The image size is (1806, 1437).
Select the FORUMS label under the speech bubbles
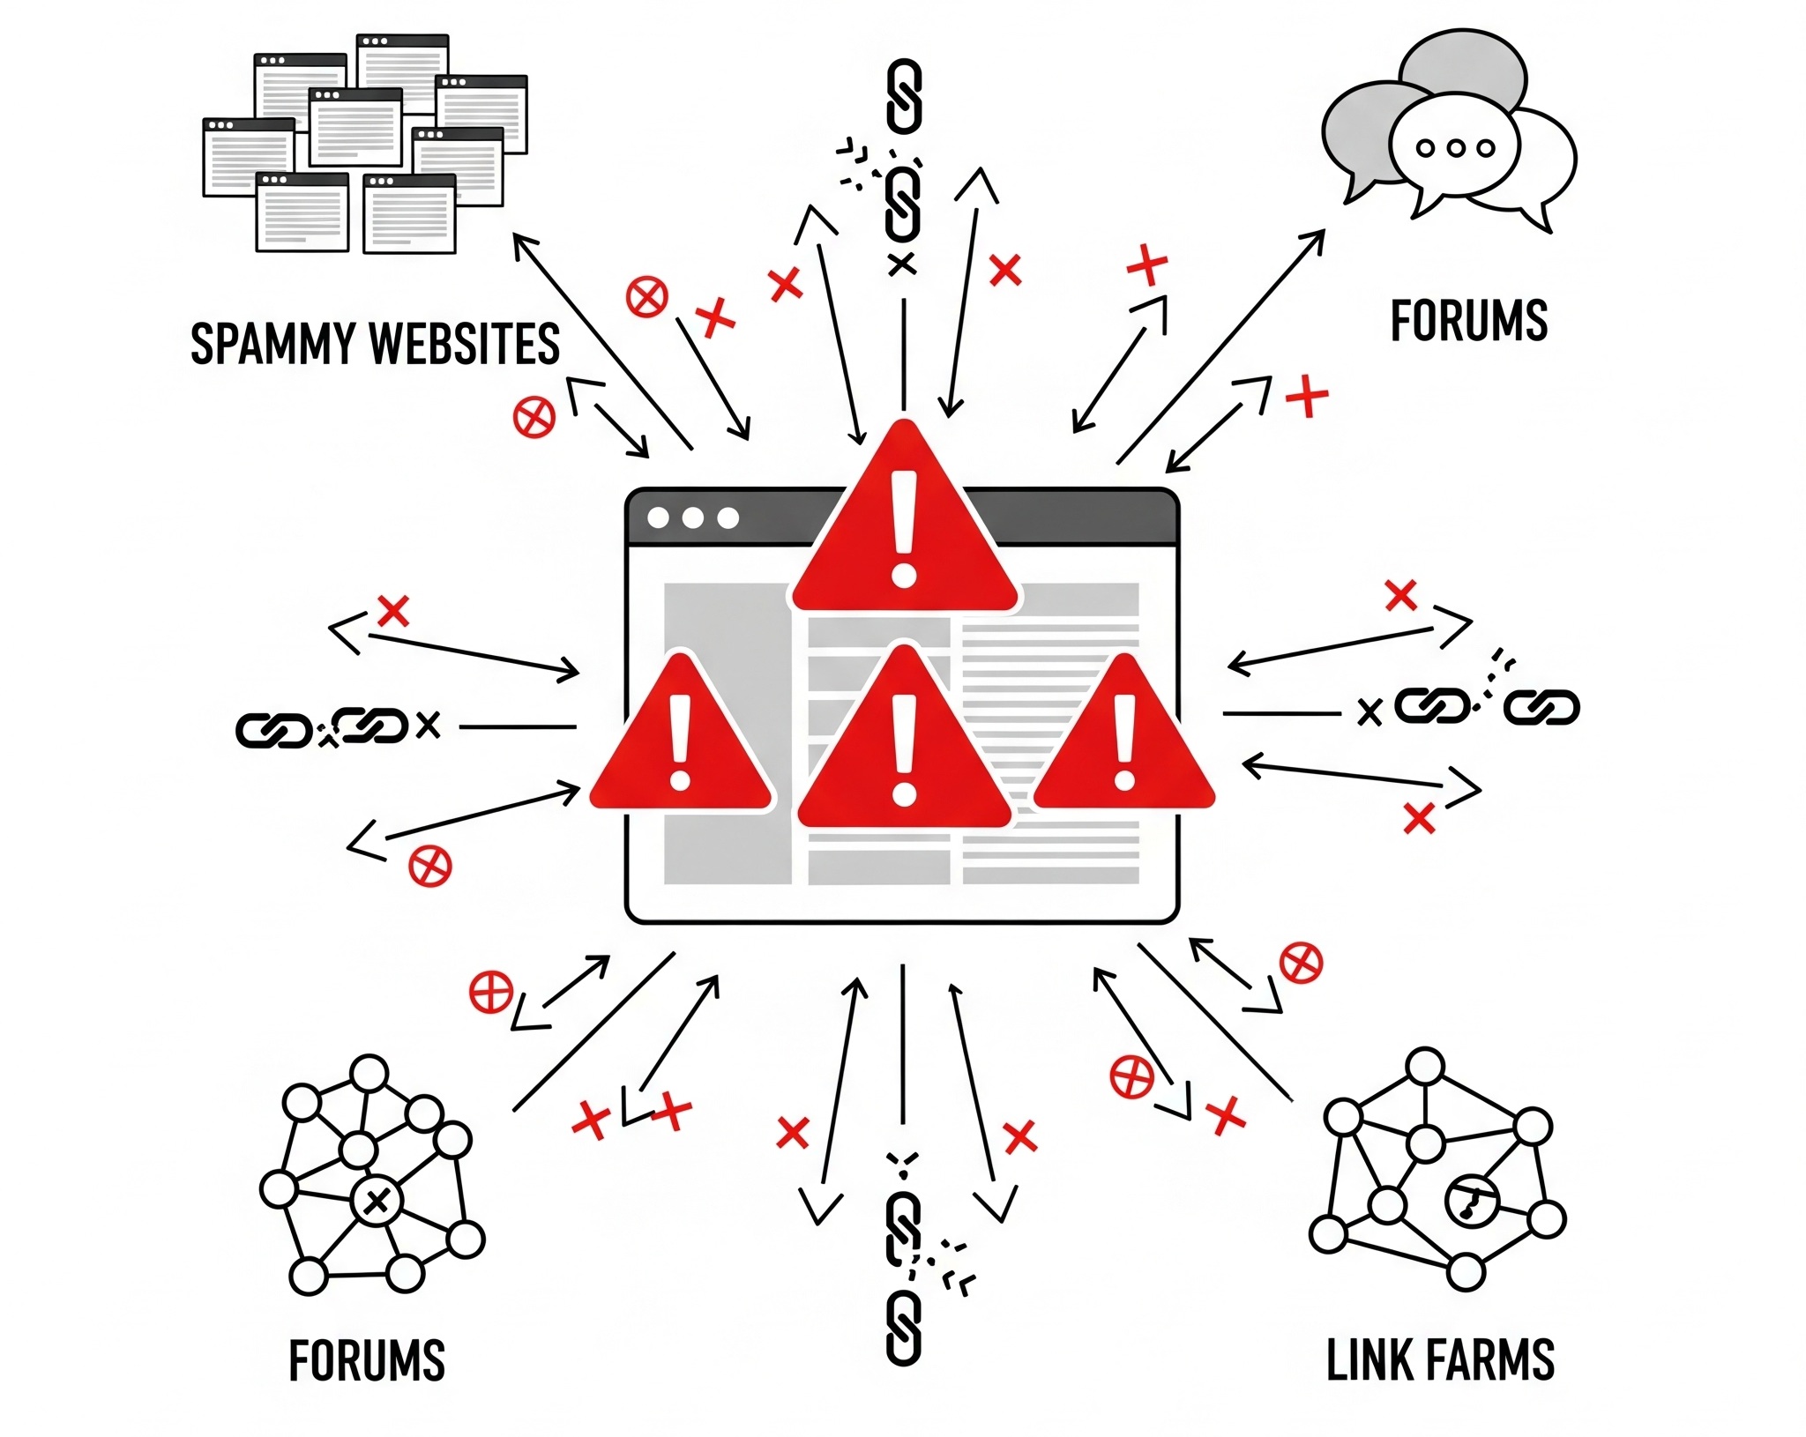coord(1468,321)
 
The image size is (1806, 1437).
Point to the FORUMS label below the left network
coord(367,1360)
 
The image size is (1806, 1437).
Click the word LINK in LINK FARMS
coord(1364,1360)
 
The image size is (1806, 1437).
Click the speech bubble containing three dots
coord(1454,148)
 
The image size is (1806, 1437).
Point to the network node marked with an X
coord(377,1201)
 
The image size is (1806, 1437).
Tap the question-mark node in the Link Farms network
coord(1472,1201)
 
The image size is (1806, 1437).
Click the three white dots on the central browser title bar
coord(692,518)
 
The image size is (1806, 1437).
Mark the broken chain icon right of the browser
coord(1481,705)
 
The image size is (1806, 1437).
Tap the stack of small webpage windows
coord(364,144)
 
